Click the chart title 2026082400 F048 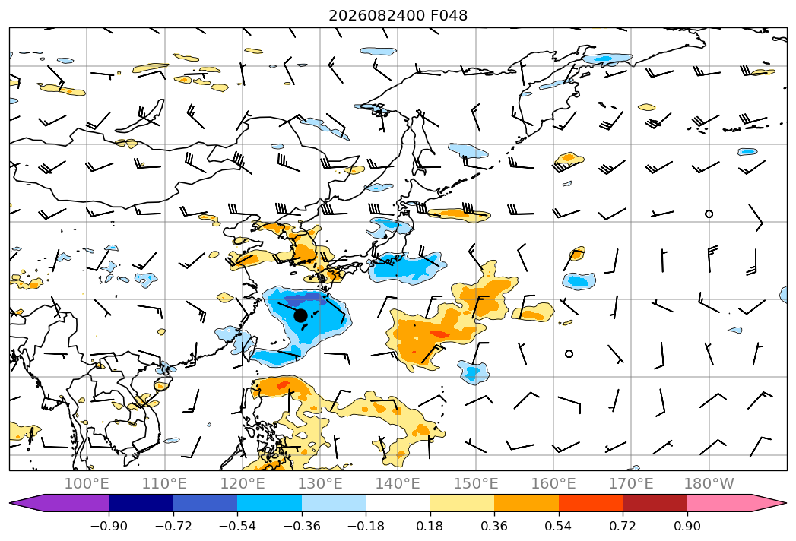(x=398, y=15)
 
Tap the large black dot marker (x=300, y=315)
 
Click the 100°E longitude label (x=87, y=483)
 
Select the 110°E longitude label (x=164, y=483)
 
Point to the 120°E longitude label (x=243, y=483)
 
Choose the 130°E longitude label (x=320, y=483)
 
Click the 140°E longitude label (x=398, y=483)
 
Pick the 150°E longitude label (x=476, y=483)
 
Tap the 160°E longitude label (x=553, y=483)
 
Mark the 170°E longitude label (x=631, y=483)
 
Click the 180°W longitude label (x=709, y=483)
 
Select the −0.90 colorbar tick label (x=109, y=526)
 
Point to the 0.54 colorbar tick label (x=559, y=526)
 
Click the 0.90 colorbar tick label (x=687, y=526)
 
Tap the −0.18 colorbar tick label (x=366, y=526)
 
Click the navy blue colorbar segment (x=141, y=502)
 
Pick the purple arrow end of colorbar (x=60, y=502)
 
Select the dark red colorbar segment (x=655, y=502)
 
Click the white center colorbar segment (x=398, y=502)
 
